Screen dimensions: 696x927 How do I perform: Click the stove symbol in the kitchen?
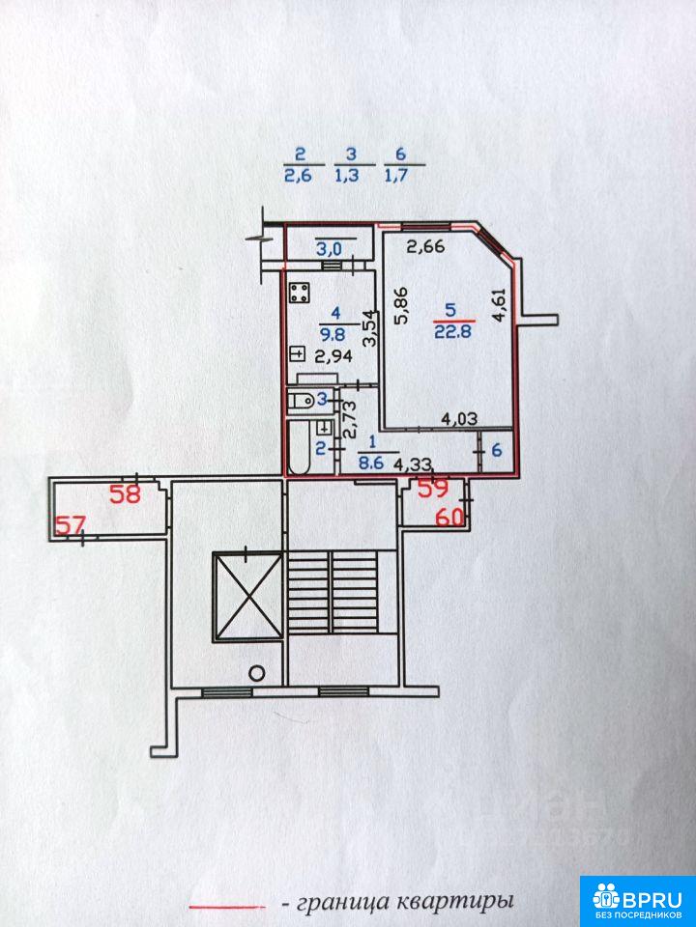coord(300,292)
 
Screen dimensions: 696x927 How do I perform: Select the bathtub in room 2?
coord(299,448)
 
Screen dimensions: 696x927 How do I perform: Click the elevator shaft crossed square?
coord(247,596)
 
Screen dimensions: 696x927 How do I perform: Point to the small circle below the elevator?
coord(256,673)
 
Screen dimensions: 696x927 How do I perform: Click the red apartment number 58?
coord(126,493)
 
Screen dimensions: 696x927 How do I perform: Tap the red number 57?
coord(71,524)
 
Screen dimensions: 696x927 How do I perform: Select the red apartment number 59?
coord(434,488)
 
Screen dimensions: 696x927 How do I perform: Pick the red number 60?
coord(449,518)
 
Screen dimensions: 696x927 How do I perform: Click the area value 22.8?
coord(452,331)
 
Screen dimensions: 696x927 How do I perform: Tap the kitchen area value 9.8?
coord(332,334)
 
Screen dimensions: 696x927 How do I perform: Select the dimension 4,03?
coord(460,419)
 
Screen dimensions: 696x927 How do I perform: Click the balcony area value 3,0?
coord(329,249)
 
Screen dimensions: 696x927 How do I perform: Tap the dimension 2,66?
coord(425,246)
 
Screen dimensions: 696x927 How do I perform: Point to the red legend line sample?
coord(226,907)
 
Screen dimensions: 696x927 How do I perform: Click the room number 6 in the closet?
coord(497,451)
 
